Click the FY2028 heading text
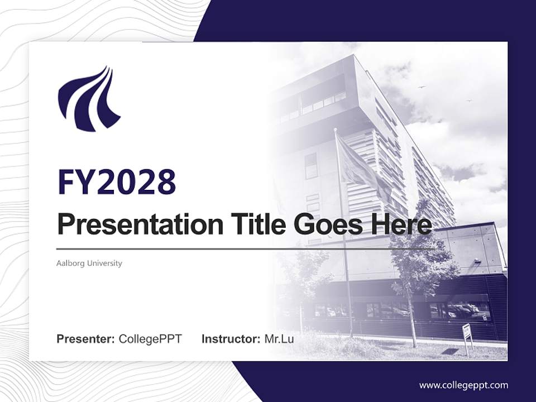click(x=117, y=182)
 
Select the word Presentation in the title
click(x=132, y=224)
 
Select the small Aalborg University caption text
click(x=89, y=263)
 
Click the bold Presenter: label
click(x=86, y=339)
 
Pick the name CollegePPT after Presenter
click(x=150, y=339)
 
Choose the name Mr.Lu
click(x=279, y=339)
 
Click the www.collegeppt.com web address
click(x=463, y=385)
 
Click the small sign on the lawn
click(x=467, y=334)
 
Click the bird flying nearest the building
click(x=422, y=87)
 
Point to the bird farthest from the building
click(x=469, y=100)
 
